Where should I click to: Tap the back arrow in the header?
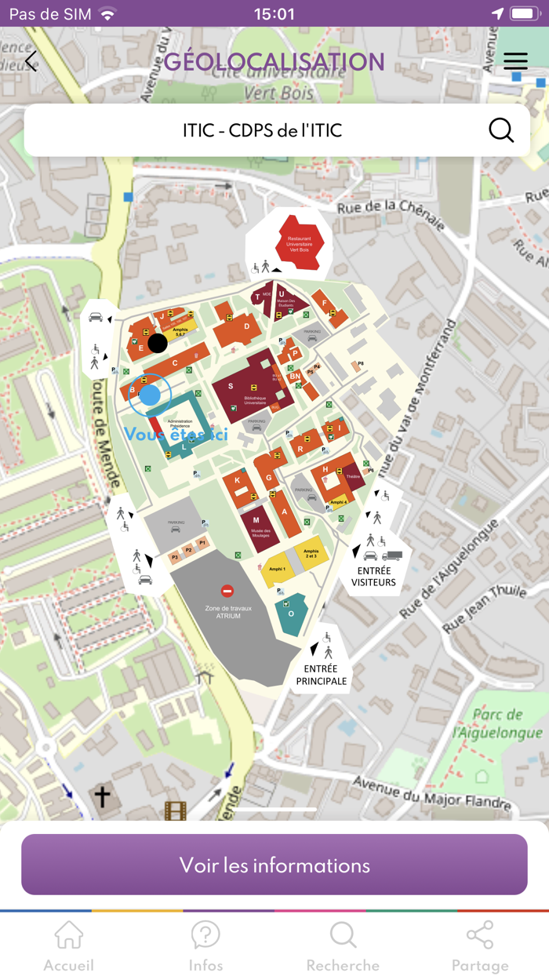coord(31,61)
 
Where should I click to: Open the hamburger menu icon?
coord(515,61)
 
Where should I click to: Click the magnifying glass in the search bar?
coord(501,129)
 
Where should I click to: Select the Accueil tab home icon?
coord(68,935)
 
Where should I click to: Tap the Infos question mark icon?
coord(205,935)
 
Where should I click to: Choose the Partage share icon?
coord(479,935)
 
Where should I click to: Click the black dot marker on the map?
coord(158,343)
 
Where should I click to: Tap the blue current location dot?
coord(150,395)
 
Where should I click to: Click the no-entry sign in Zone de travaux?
coord(227,591)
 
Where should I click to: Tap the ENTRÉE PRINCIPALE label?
coord(322,676)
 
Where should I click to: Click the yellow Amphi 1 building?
coord(277,570)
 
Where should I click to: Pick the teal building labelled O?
coord(290,611)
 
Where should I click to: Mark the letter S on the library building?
coord(231,386)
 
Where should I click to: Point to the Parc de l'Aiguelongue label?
coord(498,723)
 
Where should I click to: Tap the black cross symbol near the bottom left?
coord(102,796)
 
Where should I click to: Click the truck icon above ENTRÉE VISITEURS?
coord(392,555)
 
